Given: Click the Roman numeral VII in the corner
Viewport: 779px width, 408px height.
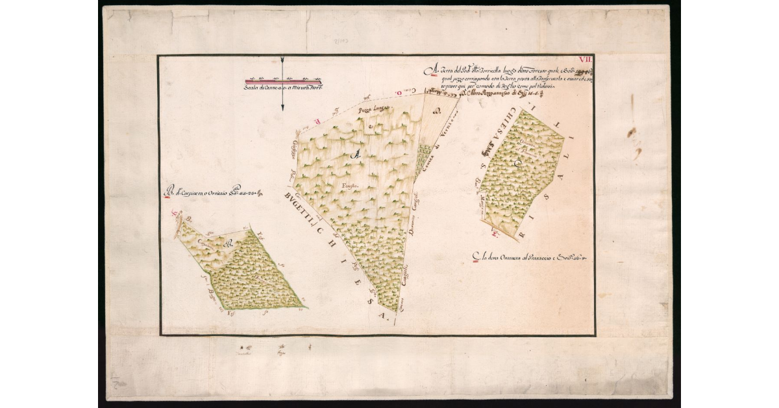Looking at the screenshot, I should [x=586, y=60].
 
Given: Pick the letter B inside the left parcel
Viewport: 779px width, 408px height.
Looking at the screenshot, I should [x=228, y=246].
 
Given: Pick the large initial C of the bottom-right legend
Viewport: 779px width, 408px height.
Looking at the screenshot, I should [x=475, y=259].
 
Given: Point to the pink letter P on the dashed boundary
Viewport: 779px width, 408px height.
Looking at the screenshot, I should [x=317, y=121].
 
